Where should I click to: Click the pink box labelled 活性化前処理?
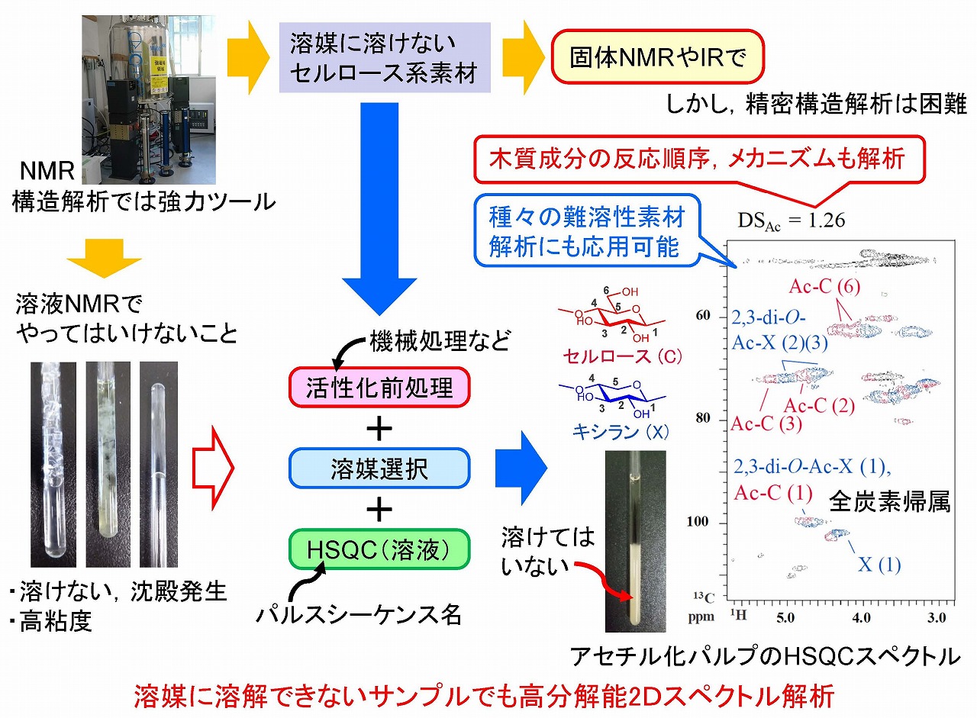[x=379, y=388]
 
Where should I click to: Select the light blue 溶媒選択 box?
[x=379, y=468]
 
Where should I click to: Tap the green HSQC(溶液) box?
[x=379, y=549]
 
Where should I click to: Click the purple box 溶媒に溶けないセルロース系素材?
[x=384, y=57]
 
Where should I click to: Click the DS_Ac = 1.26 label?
[x=791, y=221]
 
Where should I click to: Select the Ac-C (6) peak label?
[x=810, y=288]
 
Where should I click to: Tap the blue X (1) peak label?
[x=879, y=565]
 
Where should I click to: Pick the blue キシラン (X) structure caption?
[x=621, y=433]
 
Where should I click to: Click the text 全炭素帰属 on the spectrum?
[x=889, y=503]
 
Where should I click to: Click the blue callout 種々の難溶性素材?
[x=586, y=233]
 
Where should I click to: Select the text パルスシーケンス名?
[x=358, y=614]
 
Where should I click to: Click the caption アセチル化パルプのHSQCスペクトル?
[x=763, y=655]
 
